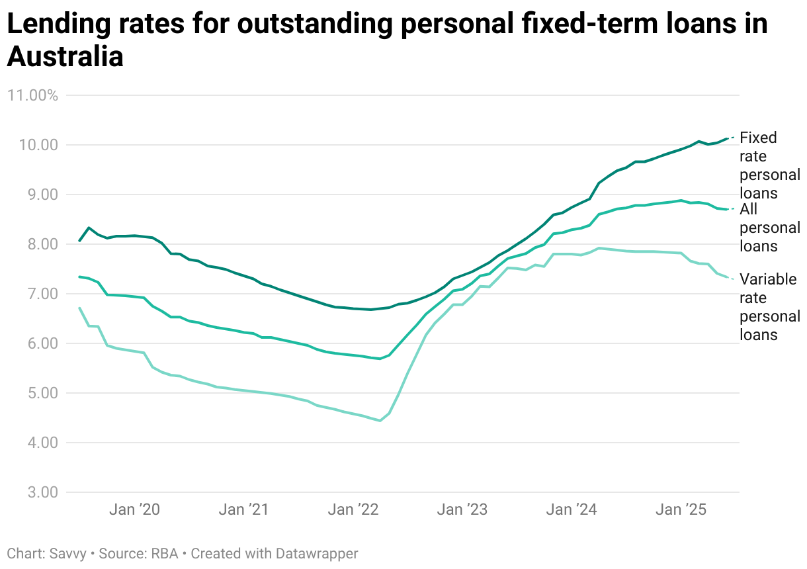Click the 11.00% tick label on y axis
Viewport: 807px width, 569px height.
[32, 95]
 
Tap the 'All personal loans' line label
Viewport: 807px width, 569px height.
[769, 228]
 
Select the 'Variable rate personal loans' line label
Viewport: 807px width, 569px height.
[768, 307]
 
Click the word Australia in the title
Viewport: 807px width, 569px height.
[65, 57]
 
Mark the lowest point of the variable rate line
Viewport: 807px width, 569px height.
[380, 421]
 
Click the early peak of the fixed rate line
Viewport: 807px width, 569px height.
[89, 228]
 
